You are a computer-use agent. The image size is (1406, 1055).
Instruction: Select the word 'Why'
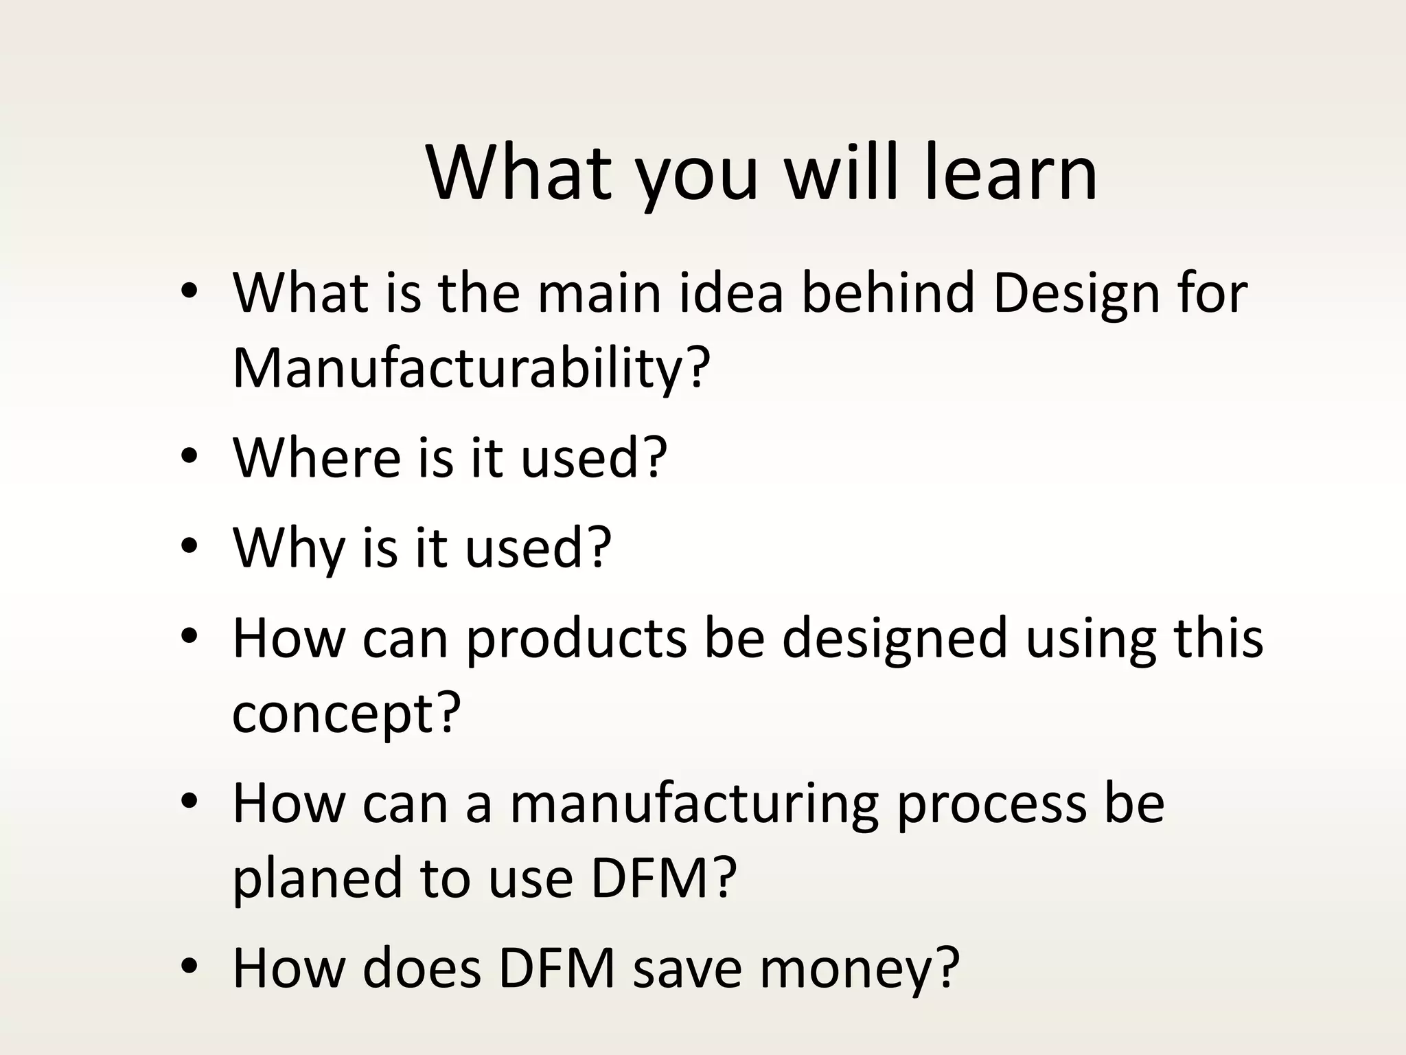288,547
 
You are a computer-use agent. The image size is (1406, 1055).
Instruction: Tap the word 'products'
577,639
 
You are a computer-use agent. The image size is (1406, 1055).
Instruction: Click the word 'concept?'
346,714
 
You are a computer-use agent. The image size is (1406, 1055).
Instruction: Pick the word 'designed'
894,639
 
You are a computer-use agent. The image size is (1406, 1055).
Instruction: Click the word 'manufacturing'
693,804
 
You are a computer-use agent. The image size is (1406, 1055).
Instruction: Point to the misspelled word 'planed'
316,880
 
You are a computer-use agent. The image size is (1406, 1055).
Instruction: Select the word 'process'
991,804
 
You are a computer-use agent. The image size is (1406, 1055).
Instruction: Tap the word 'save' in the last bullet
687,969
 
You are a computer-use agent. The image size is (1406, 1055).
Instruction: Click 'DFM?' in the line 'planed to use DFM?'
663,880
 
